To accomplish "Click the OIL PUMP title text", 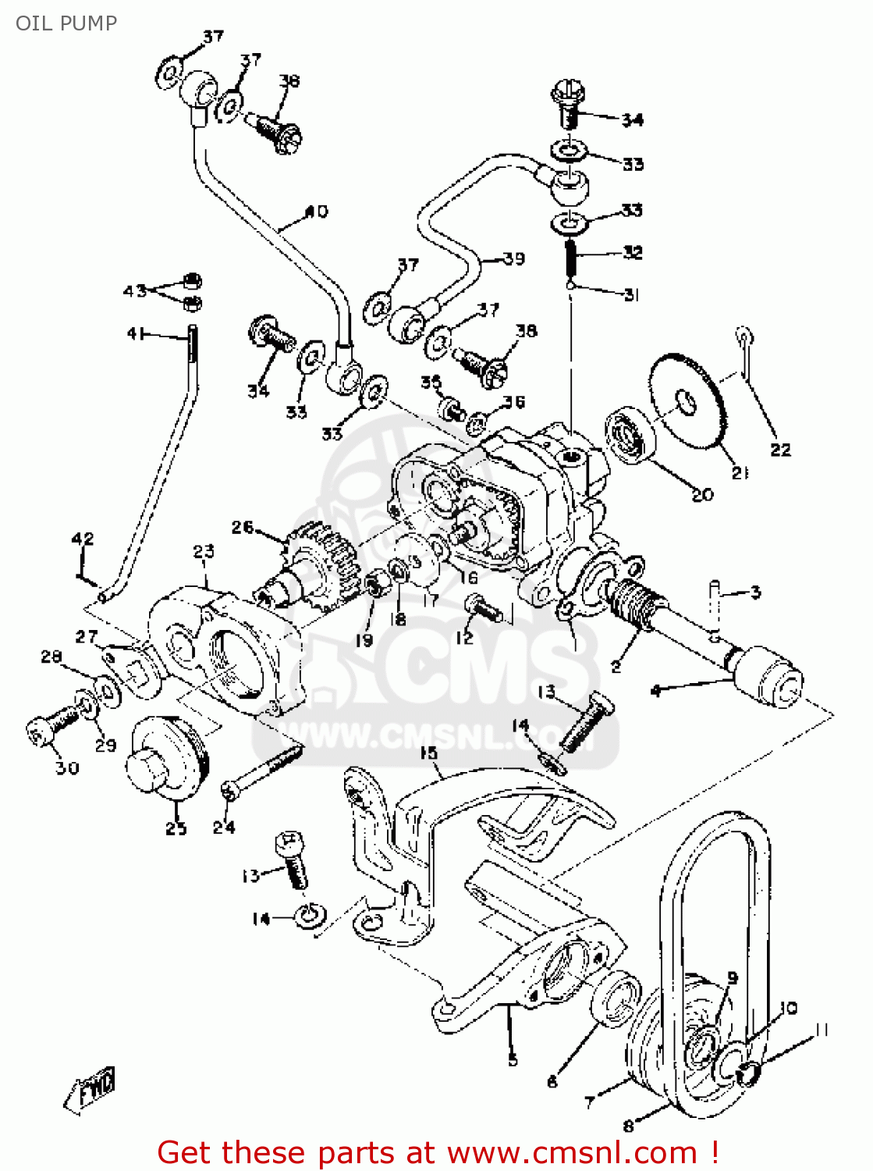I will pos(66,23).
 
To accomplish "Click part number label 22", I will pos(780,450).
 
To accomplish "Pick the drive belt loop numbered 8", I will pos(722,898).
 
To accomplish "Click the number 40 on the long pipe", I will pos(316,212).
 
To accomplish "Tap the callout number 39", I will pos(513,258).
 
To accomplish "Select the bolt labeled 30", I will pos(51,728).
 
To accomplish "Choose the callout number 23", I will pos(204,552).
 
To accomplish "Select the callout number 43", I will pos(134,291).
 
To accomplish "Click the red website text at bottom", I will pos(437,1152).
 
